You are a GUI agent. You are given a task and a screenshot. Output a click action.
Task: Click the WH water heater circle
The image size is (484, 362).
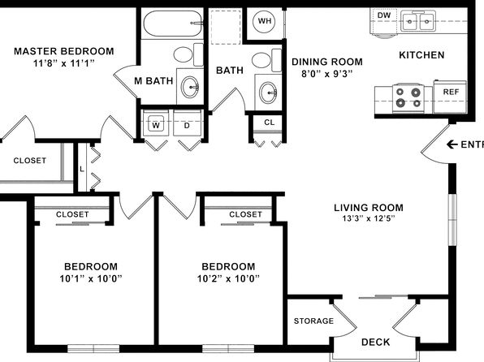pos(265,21)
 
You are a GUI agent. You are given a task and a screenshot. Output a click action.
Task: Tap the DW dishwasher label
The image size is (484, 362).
pos(384,15)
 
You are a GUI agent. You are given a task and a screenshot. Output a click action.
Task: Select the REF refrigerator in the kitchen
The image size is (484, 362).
pos(451,97)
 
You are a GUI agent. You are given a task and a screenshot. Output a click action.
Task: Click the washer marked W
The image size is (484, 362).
pos(156,123)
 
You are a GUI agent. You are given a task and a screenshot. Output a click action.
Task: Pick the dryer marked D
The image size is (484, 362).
pos(187,123)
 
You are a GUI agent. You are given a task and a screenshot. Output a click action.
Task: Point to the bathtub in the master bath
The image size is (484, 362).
pos(173,24)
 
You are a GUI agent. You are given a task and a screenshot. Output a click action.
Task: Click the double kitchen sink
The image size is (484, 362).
pos(418,21)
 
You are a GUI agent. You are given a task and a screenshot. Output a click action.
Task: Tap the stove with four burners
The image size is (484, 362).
pos(408,97)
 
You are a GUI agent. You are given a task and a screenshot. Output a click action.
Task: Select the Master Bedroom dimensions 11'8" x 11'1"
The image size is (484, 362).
pos(64,63)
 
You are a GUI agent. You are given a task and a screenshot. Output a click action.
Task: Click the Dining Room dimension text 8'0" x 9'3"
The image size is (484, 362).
pos(327,74)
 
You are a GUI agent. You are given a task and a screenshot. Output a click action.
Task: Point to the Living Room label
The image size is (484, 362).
pos(369,208)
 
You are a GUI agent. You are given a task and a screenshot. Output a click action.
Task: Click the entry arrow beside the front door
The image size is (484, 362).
pos(452,144)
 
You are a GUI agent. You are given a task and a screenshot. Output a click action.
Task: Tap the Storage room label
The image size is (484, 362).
pos(313,321)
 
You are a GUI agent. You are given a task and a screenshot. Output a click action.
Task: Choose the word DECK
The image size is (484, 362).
pos(376,342)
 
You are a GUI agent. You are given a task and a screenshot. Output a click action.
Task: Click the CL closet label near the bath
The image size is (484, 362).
pos(269,123)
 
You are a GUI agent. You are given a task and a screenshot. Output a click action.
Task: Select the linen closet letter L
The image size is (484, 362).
pos(82,169)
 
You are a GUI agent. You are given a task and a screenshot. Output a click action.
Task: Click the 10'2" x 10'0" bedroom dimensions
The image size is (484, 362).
pos(228,279)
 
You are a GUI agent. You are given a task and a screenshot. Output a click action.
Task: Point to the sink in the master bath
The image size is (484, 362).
pos(190,88)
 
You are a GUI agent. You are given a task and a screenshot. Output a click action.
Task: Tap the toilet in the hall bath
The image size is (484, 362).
pos(266,60)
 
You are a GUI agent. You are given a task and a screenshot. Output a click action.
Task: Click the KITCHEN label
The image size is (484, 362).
pos(421,55)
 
